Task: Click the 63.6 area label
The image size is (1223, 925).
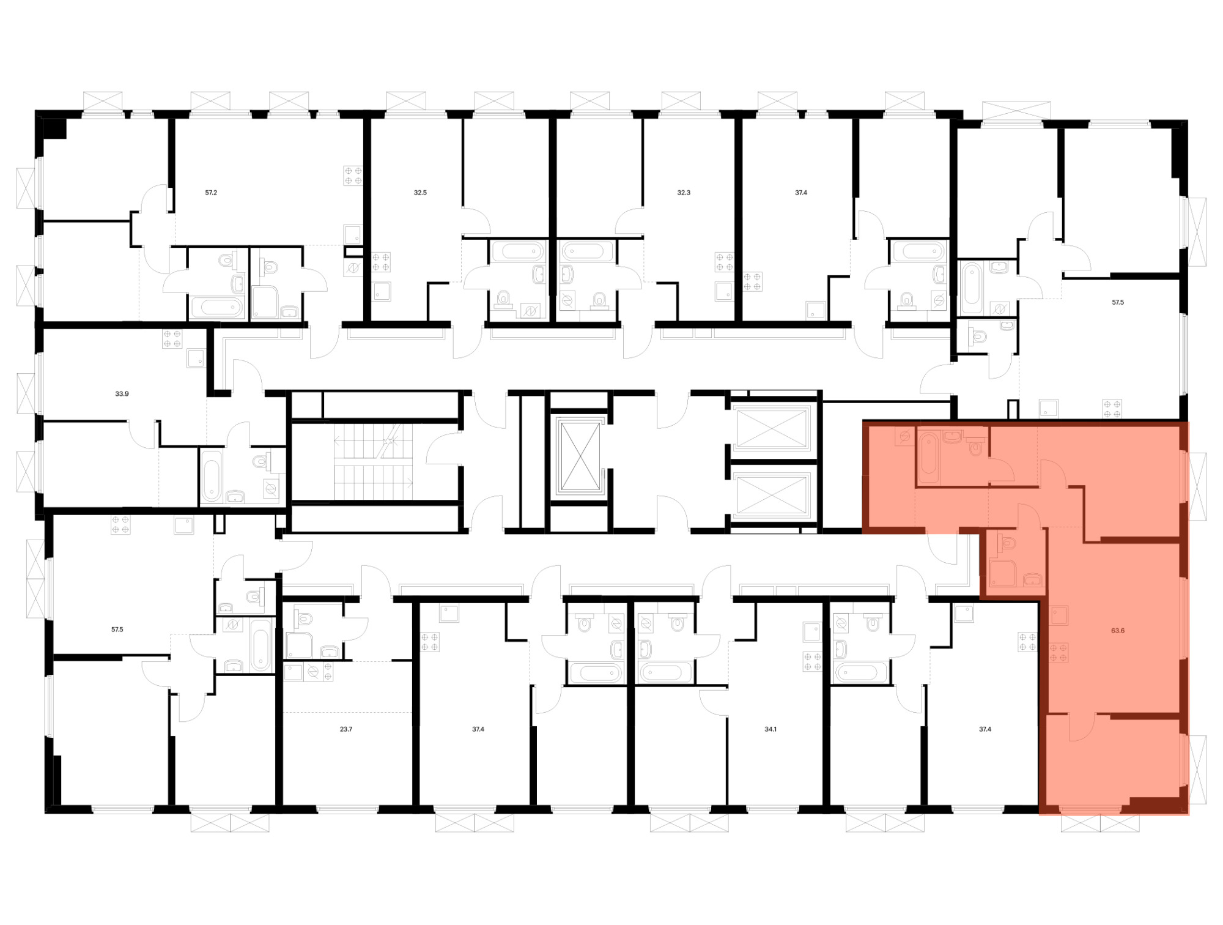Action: click(1117, 630)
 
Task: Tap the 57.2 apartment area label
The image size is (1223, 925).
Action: click(211, 192)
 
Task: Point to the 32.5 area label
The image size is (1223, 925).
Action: click(420, 192)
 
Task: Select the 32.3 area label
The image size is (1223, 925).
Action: click(684, 192)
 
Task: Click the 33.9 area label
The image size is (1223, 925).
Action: click(122, 394)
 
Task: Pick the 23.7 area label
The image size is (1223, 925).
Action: click(346, 729)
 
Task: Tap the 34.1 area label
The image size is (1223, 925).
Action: click(770, 729)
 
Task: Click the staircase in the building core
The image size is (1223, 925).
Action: click(373, 462)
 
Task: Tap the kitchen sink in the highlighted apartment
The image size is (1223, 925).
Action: click(1059, 615)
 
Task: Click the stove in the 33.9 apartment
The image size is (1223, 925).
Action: click(172, 339)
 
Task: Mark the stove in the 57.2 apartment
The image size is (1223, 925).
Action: click(353, 176)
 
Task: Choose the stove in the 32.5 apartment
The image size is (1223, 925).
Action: click(381, 262)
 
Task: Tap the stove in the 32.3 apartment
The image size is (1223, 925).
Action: click(725, 262)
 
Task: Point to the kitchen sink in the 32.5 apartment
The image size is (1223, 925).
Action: click(382, 291)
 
